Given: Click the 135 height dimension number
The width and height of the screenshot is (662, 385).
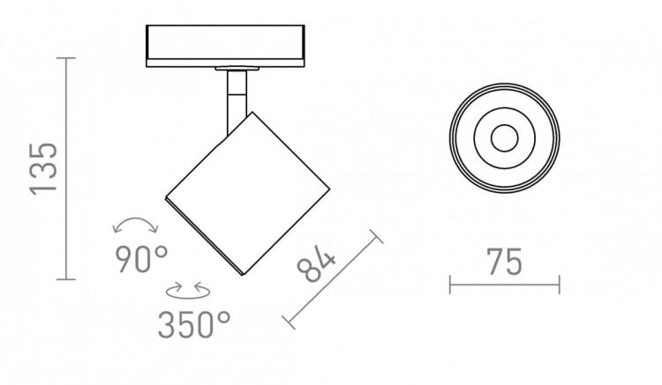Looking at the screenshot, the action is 43,169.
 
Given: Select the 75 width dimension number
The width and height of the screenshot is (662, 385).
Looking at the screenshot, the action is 505,262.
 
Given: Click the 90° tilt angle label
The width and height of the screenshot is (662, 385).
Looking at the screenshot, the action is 141,259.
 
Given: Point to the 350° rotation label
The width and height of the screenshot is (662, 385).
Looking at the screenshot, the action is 195,324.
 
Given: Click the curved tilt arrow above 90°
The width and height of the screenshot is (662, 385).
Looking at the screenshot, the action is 136,219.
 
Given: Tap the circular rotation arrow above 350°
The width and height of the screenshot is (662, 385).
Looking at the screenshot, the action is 188,291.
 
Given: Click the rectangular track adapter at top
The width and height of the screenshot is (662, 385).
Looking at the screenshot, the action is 225,46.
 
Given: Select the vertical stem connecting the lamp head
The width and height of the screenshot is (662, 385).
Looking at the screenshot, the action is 237,101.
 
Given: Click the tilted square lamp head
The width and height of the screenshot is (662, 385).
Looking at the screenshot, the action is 247,194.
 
